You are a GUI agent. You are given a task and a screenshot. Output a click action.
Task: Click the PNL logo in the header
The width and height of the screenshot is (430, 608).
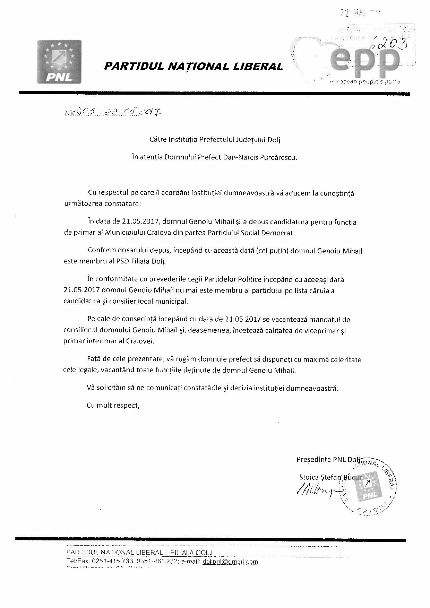click(59, 62)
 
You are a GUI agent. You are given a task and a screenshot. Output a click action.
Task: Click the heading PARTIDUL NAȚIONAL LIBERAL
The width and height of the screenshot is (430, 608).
click(193, 66)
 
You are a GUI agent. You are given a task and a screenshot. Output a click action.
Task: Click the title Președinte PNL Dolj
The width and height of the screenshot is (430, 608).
click(328, 460)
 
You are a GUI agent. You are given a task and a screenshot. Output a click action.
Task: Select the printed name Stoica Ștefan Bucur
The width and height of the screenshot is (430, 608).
click(330, 477)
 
